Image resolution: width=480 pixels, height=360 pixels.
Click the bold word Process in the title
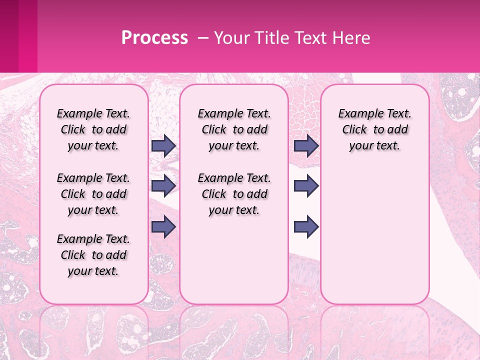pos(154,38)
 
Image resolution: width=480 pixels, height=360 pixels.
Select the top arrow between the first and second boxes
pos(163,146)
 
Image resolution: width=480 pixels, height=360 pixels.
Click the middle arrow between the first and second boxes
pos(163,186)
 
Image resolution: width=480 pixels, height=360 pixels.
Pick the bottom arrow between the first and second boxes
pos(163,226)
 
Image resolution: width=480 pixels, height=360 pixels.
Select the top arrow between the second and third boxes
pos(306,146)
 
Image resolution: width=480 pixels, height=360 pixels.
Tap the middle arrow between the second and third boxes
pos(306,186)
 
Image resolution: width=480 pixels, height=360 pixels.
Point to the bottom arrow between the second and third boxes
pos(306,226)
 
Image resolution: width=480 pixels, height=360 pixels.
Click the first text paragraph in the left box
pos(93,129)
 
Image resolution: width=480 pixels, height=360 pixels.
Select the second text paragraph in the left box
pos(93,194)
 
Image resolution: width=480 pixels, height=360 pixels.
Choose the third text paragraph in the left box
pos(93,255)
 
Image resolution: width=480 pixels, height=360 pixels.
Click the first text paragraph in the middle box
pos(234,129)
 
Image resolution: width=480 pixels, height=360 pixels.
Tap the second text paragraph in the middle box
pos(234,194)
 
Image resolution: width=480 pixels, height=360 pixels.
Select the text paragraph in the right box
pos(374,129)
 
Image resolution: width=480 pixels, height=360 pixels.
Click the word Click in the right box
pos(354,130)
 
